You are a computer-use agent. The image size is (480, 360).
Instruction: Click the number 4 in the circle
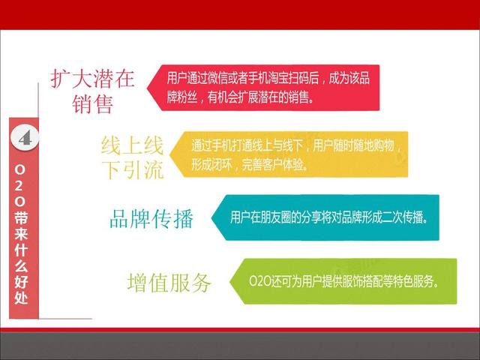25,138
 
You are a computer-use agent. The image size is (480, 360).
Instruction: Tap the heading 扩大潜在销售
92,91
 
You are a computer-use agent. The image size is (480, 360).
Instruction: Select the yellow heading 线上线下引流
132,157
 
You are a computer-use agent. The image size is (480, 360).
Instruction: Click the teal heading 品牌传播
151,218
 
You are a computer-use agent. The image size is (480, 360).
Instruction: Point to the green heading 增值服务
169,282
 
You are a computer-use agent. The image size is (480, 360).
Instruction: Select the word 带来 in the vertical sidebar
21,225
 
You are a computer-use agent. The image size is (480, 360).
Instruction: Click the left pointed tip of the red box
147,88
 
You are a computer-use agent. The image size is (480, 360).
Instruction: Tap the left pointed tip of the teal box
211,217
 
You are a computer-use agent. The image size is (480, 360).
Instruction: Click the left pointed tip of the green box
230,282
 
